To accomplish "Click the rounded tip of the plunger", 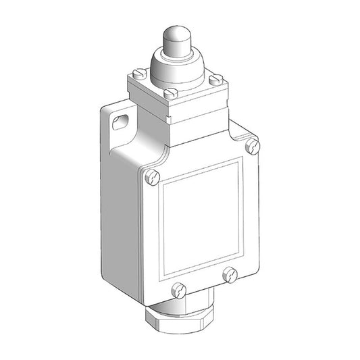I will tap(174, 36).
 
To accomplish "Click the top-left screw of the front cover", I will tap(152, 178).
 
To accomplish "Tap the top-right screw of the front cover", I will tap(252, 145).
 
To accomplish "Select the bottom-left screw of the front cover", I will tap(180, 291).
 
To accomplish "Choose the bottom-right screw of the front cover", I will tap(230, 275).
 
